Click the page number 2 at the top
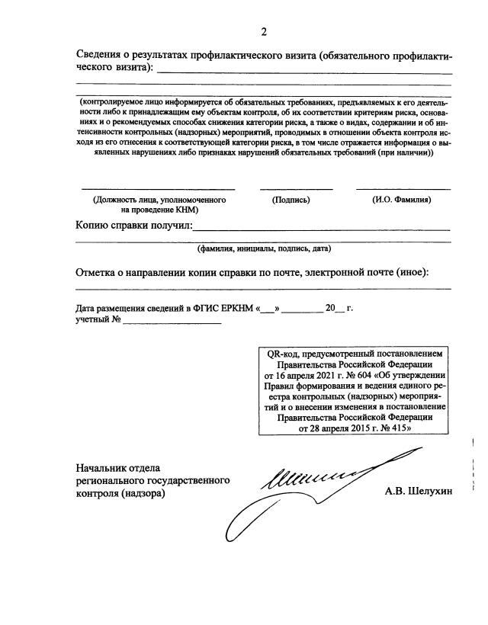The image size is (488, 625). [265, 32]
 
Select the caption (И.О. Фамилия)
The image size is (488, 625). [402, 200]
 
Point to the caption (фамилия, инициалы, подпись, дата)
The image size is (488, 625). [263, 248]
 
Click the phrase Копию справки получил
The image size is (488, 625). [134, 226]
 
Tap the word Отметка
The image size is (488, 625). [100, 274]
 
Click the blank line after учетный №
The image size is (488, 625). [172, 323]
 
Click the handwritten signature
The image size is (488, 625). [305, 488]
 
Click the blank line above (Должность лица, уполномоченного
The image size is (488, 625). [158, 187]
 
